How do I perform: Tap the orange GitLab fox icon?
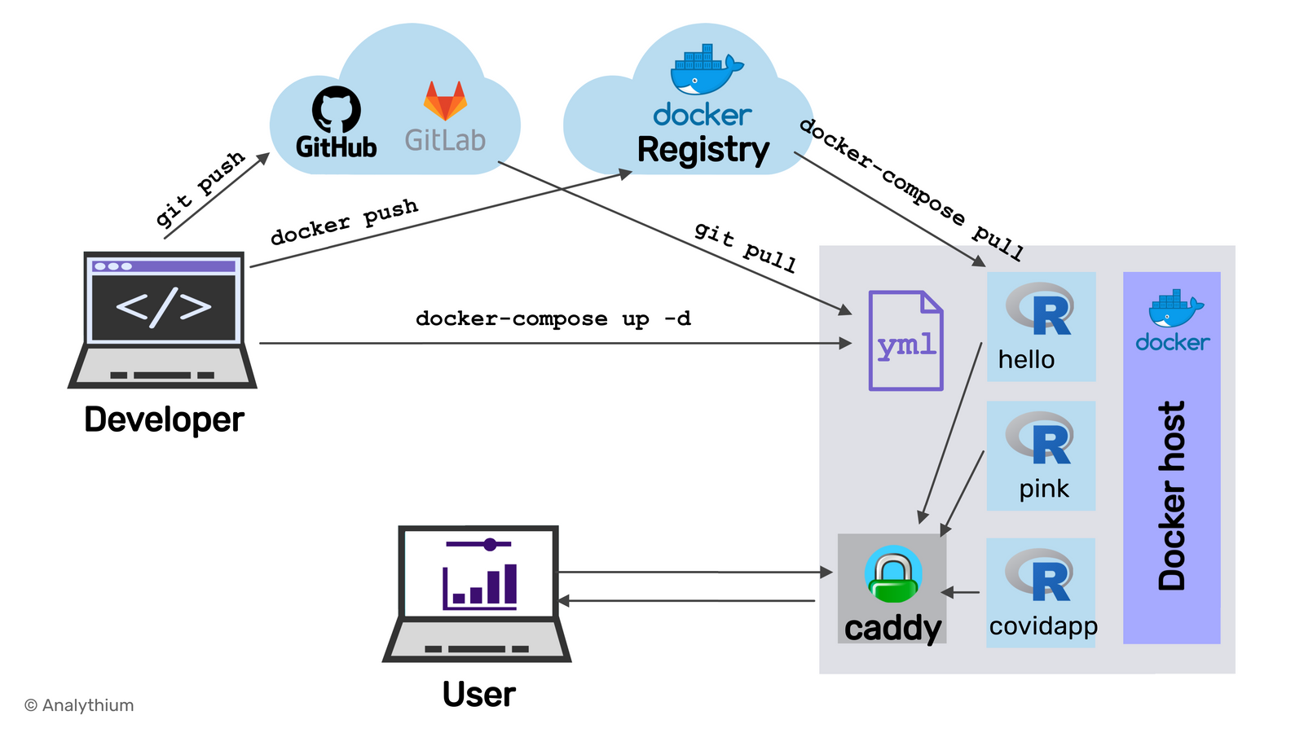(445, 102)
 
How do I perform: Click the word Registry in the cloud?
(703, 151)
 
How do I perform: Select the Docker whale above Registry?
(704, 71)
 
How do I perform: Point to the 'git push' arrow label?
(200, 189)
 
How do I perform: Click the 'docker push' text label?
(344, 222)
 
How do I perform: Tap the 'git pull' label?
(745, 246)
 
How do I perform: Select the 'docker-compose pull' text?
(911, 189)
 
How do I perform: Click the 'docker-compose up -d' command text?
(553, 318)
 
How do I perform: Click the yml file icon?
(905, 340)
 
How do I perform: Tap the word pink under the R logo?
(1043, 489)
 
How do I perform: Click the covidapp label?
(1043, 626)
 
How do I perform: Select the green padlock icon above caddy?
(893, 575)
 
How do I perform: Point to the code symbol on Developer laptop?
(164, 306)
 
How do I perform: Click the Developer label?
(164, 420)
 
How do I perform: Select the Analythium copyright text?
(79, 705)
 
